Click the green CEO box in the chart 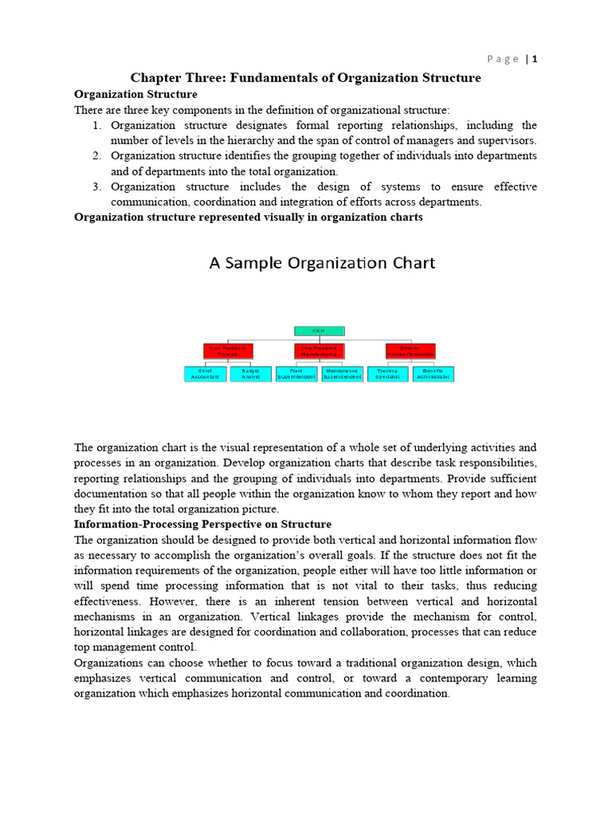tap(319, 331)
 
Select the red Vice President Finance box tap(228, 351)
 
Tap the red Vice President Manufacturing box tap(320, 351)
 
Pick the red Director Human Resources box tap(410, 351)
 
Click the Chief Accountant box tap(205, 374)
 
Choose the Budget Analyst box tap(251, 374)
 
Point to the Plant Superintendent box tap(296, 374)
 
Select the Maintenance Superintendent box tap(343, 374)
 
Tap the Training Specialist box tap(387, 374)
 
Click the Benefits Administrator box tap(433, 374)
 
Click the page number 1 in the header tap(535, 59)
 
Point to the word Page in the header tap(503, 59)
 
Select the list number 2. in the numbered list tap(95, 155)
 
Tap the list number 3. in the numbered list tap(95, 186)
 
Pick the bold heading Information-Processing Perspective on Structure tap(202, 524)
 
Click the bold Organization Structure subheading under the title tap(135, 94)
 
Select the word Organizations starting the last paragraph tap(111, 663)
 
